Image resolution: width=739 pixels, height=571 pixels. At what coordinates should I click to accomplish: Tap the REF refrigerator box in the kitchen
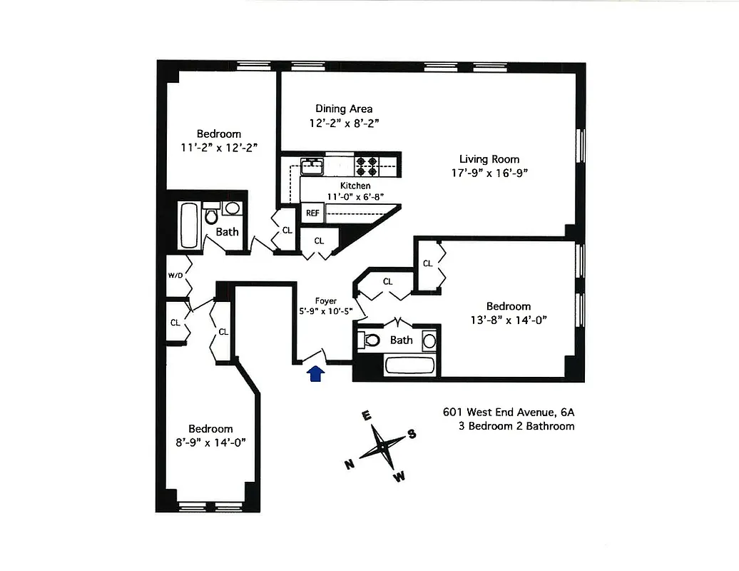point(312,213)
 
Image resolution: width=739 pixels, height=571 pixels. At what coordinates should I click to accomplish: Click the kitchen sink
point(312,166)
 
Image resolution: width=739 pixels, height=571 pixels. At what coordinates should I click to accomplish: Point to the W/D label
point(175,275)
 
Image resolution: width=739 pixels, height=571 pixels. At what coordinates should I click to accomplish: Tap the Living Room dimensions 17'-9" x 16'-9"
point(489,172)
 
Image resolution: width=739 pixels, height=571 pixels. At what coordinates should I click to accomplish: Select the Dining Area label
point(344,109)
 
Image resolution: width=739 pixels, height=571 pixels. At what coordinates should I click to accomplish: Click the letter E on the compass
point(366,417)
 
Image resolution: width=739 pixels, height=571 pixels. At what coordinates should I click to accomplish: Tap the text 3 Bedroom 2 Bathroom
point(516,426)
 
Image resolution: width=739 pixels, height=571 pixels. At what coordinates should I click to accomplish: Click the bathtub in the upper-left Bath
point(189,223)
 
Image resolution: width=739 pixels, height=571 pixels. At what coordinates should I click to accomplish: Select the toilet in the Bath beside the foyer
point(371,340)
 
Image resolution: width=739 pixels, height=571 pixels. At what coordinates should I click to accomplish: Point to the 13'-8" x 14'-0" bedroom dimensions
point(509,320)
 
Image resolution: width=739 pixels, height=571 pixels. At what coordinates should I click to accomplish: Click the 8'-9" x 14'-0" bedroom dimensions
point(211,442)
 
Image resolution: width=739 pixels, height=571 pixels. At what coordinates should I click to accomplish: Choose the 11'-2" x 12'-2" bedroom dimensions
point(218,147)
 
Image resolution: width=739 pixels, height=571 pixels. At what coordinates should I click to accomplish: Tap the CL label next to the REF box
point(319,241)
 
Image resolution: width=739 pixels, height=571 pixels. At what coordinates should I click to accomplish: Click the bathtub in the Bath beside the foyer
point(412,366)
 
